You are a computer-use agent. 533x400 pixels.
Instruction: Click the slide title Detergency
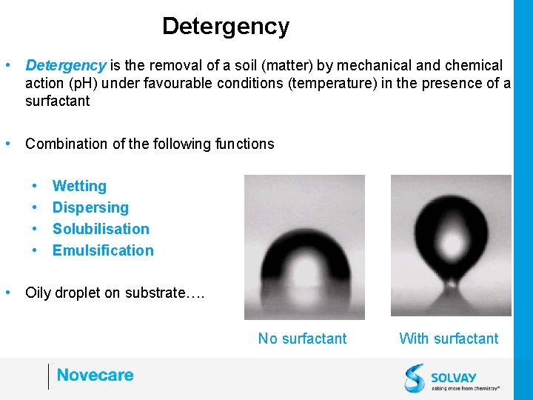[x=226, y=27]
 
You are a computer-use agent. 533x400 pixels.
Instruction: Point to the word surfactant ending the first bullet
[x=57, y=101]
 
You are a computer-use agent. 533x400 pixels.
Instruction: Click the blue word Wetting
[x=79, y=187]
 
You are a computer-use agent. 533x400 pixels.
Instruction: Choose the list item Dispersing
[x=90, y=208]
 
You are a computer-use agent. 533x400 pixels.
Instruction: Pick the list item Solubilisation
[x=101, y=230]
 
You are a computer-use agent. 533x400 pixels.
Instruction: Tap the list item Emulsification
[x=103, y=251]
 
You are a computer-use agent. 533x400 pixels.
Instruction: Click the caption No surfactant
[x=302, y=339]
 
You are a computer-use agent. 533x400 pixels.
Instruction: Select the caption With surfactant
[x=449, y=339]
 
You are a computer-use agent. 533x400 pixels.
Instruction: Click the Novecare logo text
[x=95, y=376]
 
